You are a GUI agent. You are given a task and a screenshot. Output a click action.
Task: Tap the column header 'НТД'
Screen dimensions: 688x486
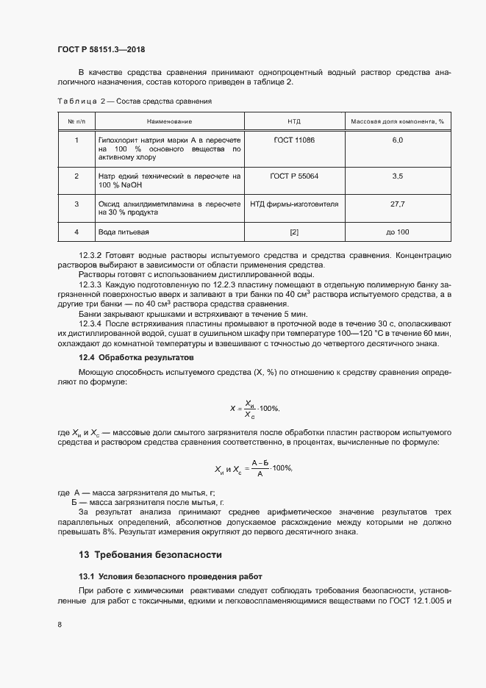(294, 121)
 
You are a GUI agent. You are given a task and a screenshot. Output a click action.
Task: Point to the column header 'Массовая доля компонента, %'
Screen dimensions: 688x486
(397, 121)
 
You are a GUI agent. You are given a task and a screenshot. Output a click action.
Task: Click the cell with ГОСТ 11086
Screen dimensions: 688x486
(294, 140)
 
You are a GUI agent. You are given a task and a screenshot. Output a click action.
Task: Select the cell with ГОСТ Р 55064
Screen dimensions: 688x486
(294, 176)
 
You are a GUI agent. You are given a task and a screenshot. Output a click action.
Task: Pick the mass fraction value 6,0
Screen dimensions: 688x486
(397, 140)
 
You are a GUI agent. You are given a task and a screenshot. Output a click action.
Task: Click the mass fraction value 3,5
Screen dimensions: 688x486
(397, 176)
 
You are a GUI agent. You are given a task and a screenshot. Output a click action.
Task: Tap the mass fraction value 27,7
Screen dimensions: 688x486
(397, 204)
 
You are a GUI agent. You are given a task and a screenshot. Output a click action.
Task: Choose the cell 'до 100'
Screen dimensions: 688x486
(397, 232)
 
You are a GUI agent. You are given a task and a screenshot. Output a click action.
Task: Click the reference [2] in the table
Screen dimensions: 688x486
(294, 232)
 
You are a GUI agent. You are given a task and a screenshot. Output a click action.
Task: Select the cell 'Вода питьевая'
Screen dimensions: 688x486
(124, 232)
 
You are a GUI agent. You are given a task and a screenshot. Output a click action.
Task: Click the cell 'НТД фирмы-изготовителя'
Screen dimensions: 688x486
(294, 204)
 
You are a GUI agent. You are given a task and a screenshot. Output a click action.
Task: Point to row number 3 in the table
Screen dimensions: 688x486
(76, 204)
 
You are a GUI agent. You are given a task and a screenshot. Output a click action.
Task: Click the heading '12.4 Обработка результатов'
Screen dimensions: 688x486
(135, 357)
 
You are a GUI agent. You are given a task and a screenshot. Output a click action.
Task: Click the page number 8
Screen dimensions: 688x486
(59, 625)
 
